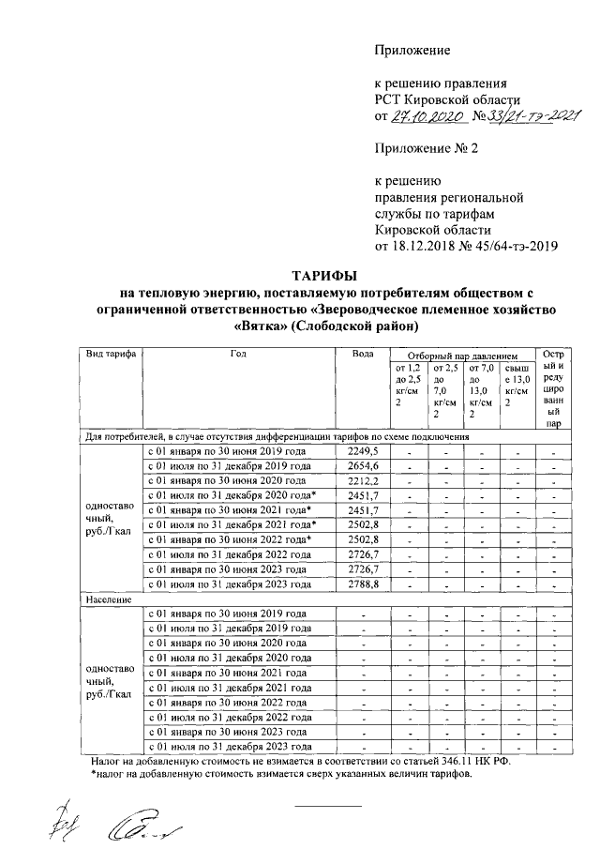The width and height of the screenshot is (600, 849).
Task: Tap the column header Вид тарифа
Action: pos(110,355)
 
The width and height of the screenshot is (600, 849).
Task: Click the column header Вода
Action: pos(362,355)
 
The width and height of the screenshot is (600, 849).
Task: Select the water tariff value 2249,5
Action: pos(362,451)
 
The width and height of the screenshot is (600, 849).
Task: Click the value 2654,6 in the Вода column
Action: pos(362,466)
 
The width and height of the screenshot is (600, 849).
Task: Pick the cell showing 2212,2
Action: pos(362,481)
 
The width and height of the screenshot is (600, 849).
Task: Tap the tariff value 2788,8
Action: pos(362,584)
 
